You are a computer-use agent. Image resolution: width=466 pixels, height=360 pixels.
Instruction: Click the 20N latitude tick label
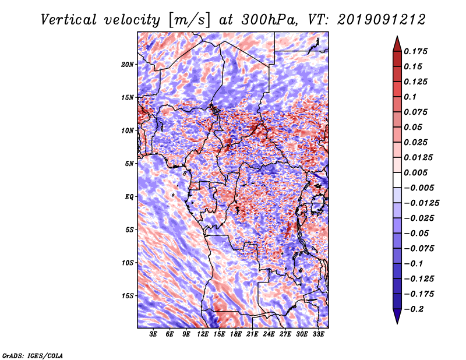coord(128,65)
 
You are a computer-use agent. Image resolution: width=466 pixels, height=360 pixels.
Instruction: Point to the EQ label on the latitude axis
coord(129,197)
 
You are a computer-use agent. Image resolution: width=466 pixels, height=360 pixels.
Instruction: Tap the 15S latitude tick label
coord(128,296)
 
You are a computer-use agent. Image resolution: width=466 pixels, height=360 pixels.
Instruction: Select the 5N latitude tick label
coord(129,164)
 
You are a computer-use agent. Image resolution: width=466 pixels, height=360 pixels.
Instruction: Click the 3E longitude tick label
coord(153,334)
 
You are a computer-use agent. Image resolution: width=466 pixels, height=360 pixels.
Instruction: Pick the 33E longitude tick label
coord(318,334)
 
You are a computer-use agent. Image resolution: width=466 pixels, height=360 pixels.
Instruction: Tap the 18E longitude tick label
coord(236,334)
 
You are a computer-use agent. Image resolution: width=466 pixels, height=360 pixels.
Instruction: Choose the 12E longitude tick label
coord(203,334)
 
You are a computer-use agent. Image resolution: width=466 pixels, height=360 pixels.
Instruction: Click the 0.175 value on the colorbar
coord(415,51)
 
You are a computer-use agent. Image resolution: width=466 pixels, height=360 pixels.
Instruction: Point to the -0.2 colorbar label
coord(414,309)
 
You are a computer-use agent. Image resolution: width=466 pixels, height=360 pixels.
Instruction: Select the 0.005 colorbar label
coord(415,172)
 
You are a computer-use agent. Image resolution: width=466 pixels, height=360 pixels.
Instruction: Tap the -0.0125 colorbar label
coord(421,203)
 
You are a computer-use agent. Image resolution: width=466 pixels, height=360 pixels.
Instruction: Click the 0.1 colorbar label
coord(410,97)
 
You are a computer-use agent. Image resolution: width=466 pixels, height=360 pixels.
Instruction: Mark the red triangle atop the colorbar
coord(397,44)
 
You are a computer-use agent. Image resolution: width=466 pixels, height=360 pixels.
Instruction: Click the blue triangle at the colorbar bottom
coord(397,316)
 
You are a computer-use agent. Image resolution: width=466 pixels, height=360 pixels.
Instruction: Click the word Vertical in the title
coord(69,20)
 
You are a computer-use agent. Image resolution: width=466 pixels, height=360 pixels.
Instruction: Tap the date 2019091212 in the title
coord(381,20)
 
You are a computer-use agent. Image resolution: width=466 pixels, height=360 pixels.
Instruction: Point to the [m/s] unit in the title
coord(189,20)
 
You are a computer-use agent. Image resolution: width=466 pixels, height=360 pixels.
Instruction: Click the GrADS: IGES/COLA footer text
coord(33,356)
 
